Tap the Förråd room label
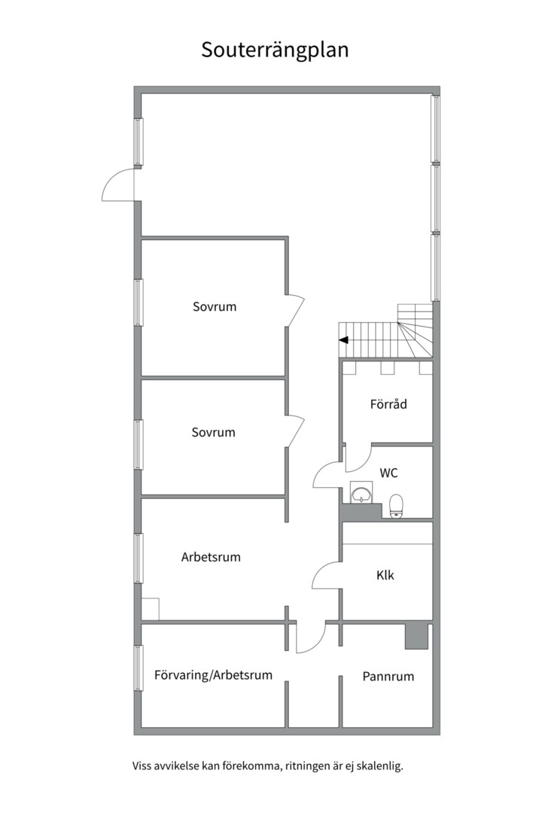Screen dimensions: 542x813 [x=388, y=404]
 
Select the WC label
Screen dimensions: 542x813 [x=389, y=473]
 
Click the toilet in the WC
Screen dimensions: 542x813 [x=396, y=506]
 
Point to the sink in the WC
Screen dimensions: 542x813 [x=361, y=492]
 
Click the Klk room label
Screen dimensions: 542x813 [x=385, y=575]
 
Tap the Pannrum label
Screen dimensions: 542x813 [x=388, y=676]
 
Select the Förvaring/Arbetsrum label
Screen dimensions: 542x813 [x=213, y=675]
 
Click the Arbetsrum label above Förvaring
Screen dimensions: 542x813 [x=211, y=557]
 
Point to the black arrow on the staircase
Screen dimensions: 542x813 [x=343, y=340]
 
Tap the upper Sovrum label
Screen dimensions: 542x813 [x=215, y=306]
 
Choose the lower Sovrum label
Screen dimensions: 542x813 [x=213, y=432]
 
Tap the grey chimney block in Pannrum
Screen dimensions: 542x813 [x=416, y=636]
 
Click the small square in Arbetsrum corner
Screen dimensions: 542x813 [x=151, y=609]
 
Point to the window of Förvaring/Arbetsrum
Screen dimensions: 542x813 [x=139, y=668]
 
